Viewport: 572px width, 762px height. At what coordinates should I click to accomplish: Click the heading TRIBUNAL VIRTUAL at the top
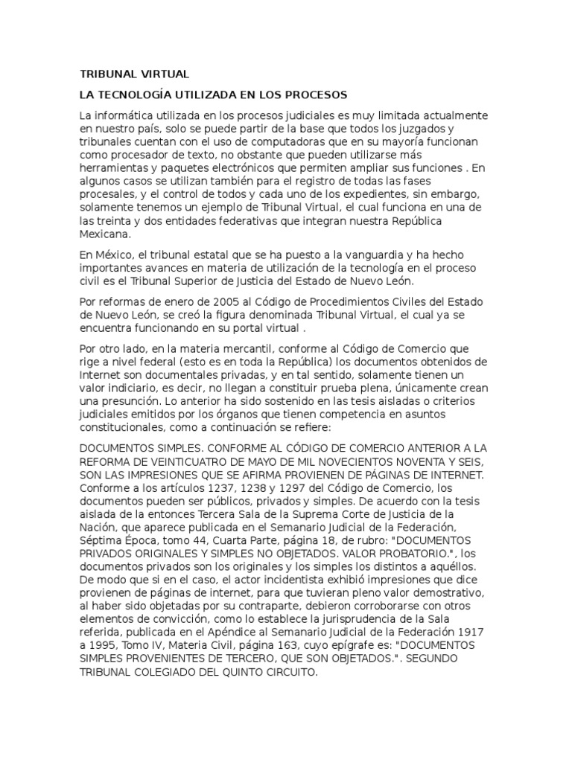click(x=134, y=74)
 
